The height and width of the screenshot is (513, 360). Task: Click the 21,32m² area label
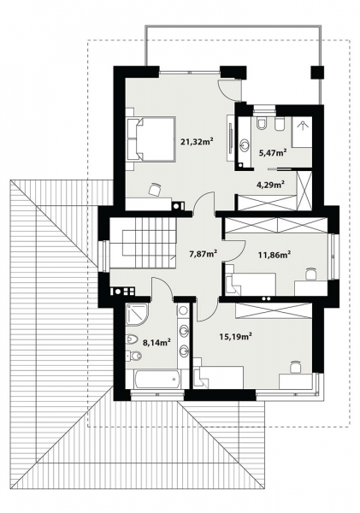(x=196, y=141)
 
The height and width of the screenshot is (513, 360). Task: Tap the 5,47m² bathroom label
(x=272, y=152)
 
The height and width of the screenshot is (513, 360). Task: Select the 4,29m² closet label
(x=270, y=183)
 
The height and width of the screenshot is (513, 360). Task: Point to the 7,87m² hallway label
(x=202, y=253)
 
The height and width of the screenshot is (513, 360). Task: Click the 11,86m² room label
(x=274, y=254)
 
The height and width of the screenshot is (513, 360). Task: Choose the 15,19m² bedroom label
(x=235, y=337)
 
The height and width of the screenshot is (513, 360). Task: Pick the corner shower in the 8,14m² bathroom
(x=136, y=315)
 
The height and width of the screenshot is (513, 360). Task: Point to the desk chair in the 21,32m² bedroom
(x=154, y=187)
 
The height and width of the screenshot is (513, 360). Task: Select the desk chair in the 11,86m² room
(x=310, y=274)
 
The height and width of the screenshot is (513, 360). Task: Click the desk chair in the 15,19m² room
(x=295, y=367)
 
